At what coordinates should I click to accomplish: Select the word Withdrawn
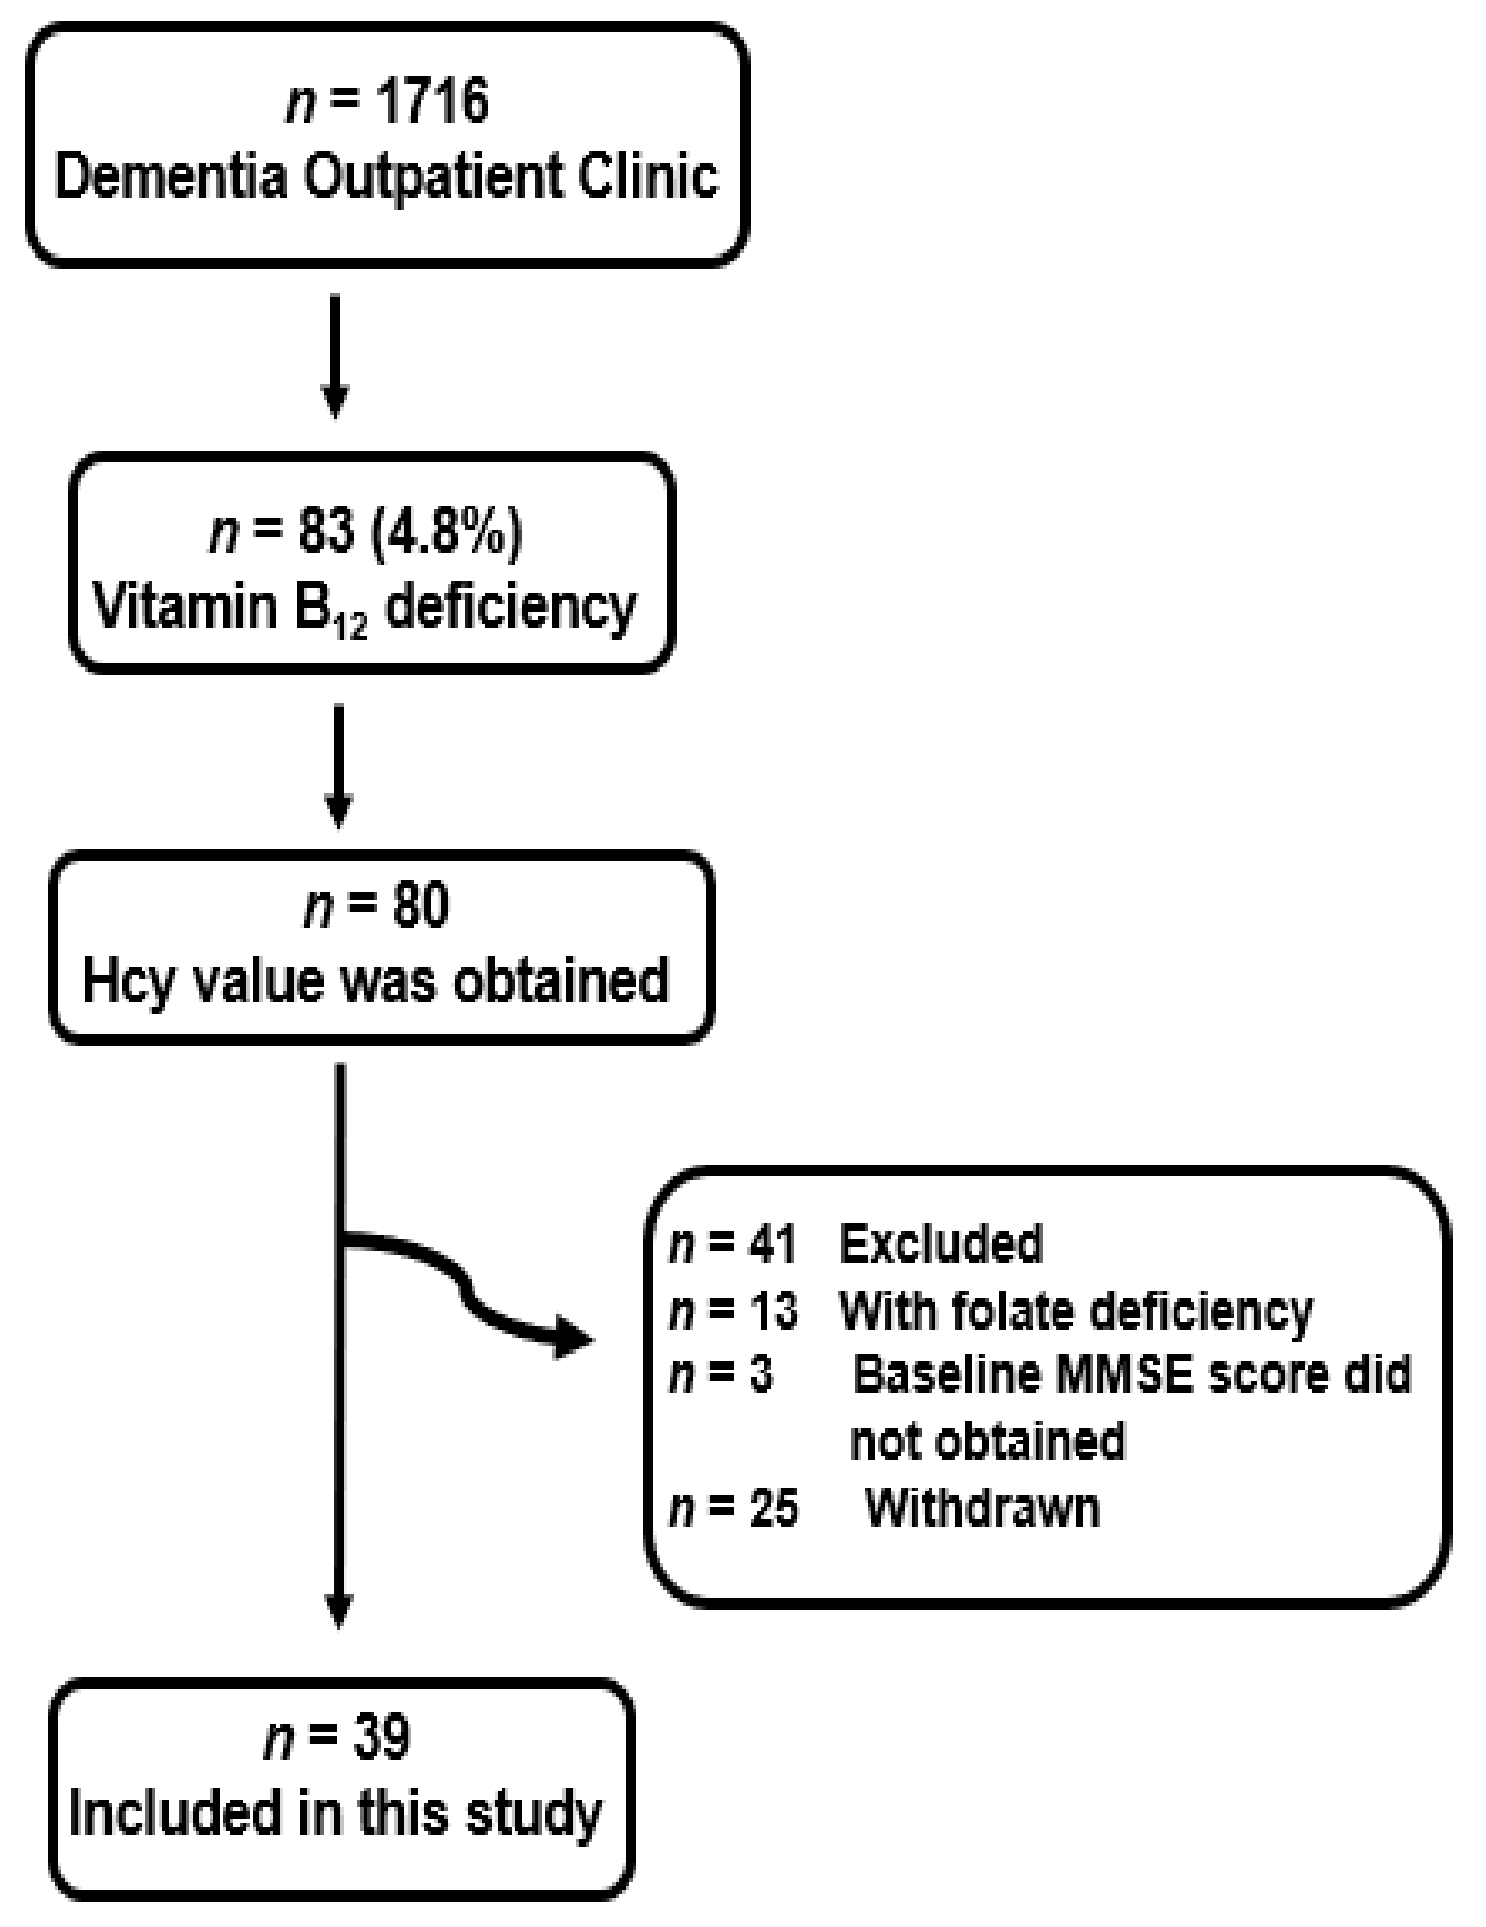pyautogui.click(x=982, y=1507)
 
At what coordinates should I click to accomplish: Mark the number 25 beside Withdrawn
pyautogui.click(x=773, y=1507)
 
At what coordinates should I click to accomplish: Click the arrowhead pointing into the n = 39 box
pyautogui.click(x=340, y=1612)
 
